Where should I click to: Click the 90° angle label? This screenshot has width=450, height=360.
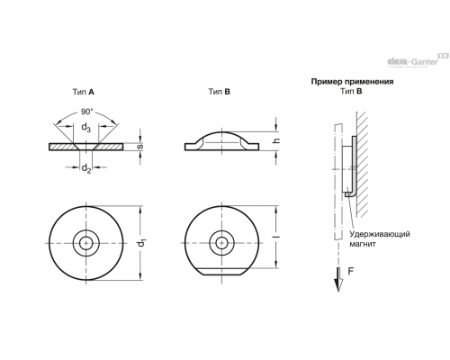tap(87, 112)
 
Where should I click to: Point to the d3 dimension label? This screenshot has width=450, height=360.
tap(86, 127)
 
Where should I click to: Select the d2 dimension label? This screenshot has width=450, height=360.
tap(86, 168)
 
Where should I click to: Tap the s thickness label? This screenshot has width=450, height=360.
tap(139, 147)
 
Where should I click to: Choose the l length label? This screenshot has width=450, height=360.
tap(278, 237)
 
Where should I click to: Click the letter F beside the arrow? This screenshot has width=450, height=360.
tap(351, 271)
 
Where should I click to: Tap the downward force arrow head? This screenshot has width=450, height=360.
tap(338, 285)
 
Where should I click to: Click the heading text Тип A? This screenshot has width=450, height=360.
tap(83, 92)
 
